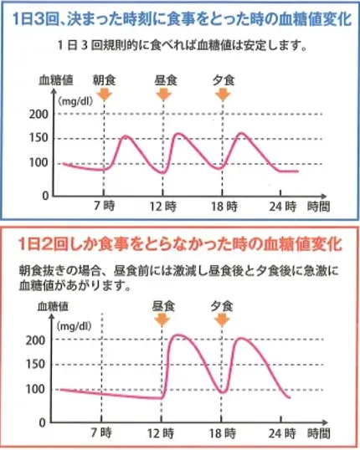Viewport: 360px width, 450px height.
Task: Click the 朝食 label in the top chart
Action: click(x=103, y=80)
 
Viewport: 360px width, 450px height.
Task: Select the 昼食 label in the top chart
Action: click(x=165, y=80)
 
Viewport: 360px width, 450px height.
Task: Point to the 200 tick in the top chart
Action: click(x=39, y=114)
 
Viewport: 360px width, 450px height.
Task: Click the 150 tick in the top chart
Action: click(x=39, y=138)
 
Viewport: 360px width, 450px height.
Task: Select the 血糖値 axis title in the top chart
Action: click(x=55, y=81)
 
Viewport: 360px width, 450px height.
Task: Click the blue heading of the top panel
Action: click(x=179, y=16)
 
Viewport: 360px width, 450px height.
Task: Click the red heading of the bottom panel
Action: click(x=179, y=244)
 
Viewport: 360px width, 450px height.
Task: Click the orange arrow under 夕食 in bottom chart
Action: click(x=221, y=321)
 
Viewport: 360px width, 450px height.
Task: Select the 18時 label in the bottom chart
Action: click(x=222, y=434)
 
